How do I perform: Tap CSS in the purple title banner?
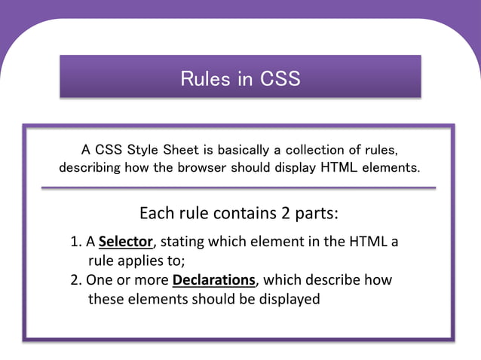280,78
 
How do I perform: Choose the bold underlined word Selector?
126,242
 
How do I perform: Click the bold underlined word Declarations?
214,280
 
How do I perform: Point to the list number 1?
75,242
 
